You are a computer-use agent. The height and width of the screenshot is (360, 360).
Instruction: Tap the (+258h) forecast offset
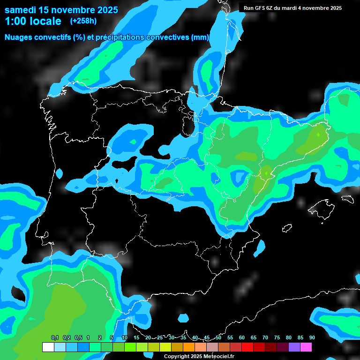pyautogui.click(x=84, y=21)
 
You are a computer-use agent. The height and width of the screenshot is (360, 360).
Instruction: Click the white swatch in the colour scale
pyautogui.click(x=48, y=347)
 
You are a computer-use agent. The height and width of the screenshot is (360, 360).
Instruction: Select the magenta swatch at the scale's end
pyautogui.click(x=306, y=347)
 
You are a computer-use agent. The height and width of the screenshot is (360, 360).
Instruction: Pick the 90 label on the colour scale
pyautogui.click(x=312, y=337)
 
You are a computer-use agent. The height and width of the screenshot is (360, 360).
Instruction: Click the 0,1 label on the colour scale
pyautogui.click(x=54, y=337)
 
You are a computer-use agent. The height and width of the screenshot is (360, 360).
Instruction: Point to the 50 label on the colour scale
pyautogui.click(x=218, y=337)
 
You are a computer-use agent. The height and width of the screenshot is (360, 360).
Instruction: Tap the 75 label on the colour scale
pyautogui.click(x=277, y=337)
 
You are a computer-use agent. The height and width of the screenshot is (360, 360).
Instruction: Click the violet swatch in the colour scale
pyautogui.click(x=294, y=347)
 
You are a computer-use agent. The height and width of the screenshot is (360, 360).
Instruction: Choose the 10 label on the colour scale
pyautogui.click(x=125, y=337)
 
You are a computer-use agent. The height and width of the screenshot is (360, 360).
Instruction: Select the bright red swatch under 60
pyautogui.click(x=247, y=347)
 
